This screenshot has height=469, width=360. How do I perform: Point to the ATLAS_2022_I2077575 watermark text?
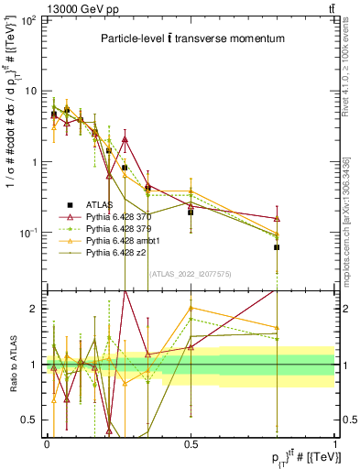(x=189, y=273)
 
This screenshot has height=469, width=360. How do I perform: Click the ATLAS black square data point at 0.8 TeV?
(x=277, y=247)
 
